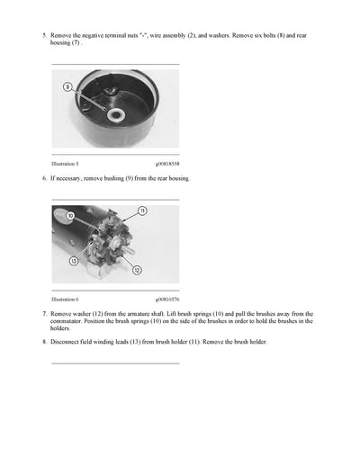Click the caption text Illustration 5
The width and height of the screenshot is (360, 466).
pyautogui.click(x=66, y=164)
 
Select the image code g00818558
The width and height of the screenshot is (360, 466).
pyautogui.click(x=166, y=164)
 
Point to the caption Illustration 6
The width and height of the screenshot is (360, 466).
pyautogui.click(x=66, y=299)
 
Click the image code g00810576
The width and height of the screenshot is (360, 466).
pyautogui.click(x=166, y=299)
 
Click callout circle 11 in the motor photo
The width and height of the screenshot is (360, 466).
pyautogui.click(x=142, y=211)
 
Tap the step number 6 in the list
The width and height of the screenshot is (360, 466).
pyautogui.click(x=44, y=179)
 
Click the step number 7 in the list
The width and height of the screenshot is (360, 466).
pyautogui.click(x=44, y=314)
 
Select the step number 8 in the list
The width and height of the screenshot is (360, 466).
pyautogui.click(x=44, y=342)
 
